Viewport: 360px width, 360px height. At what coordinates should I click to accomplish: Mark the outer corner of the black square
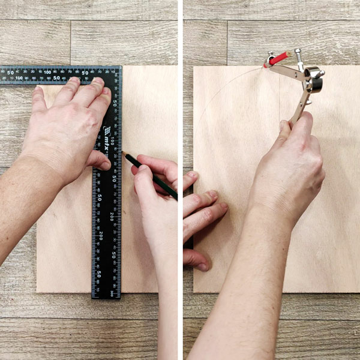(x=121, y=67)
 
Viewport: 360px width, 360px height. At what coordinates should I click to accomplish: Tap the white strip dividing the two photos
(x=180, y=180)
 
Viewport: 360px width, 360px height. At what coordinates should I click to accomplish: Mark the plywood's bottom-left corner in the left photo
(x=37, y=292)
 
